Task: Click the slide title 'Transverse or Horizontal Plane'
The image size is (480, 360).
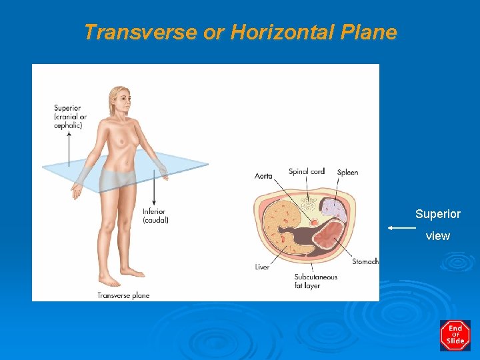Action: [240, 32]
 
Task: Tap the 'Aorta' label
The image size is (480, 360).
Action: [263, 176]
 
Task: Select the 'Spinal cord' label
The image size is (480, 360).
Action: [307, 171]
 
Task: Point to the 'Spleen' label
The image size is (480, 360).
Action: [347, 172]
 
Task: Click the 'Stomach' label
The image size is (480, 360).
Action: [365, 261]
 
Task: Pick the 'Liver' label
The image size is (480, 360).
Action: [262, 267]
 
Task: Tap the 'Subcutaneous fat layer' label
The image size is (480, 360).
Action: [315, 281]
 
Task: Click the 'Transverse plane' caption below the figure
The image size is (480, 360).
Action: [123, 295]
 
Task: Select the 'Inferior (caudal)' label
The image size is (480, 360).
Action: [155, 216]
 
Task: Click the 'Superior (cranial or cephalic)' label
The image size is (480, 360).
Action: [69, 117]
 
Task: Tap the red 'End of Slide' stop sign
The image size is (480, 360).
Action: [455, 335]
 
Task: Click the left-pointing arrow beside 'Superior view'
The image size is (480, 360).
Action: [401, 228]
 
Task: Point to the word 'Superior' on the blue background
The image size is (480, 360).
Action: [437, 214]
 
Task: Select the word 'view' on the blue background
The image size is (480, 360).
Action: [437, 236]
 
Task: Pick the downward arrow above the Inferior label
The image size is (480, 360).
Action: [154, 187]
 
